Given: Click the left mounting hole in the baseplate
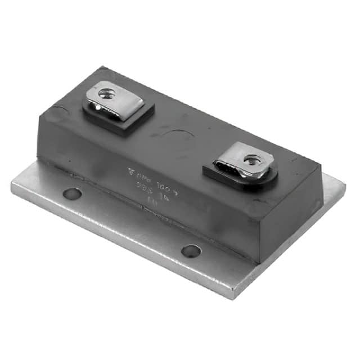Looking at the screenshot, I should tap(72, 194).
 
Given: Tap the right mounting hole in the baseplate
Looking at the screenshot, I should tap(191, 250).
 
